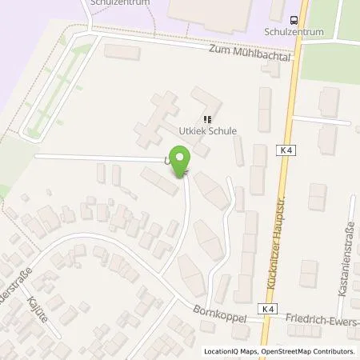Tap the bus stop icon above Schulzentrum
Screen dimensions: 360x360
[295, 19]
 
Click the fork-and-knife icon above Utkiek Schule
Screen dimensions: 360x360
[198, 118]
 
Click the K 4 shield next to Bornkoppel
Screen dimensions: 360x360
[266, 307]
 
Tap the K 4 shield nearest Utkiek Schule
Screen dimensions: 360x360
[286, 149]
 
